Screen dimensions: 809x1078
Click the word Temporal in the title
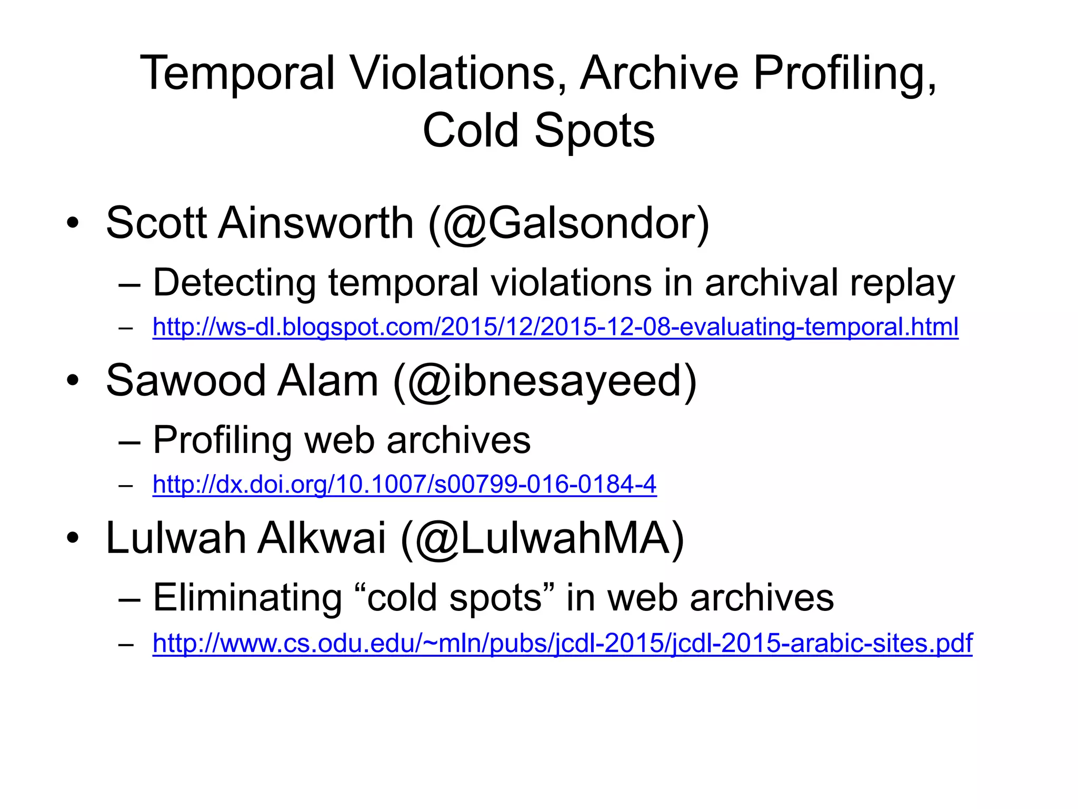pyautogui.click(x=237, y=74)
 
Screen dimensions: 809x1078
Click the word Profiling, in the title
pyautogui.click(x=845, y=74)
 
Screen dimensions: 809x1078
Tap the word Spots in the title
pyautogui.click(x=594, y=131)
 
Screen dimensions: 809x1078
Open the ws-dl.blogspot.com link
pyautogui.click(x=555, y=327)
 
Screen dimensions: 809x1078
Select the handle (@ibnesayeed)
pyautogui.click(x=545, y=381)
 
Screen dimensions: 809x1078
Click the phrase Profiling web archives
pyautogui.click(x=342, y=440)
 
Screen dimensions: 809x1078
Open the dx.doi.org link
pyautogui.click(x=404, y=484)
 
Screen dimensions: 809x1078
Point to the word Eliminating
pyautogui.click(x=247, y=598)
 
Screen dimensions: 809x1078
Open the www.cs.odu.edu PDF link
pyautogui.click(x=562, y=643)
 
